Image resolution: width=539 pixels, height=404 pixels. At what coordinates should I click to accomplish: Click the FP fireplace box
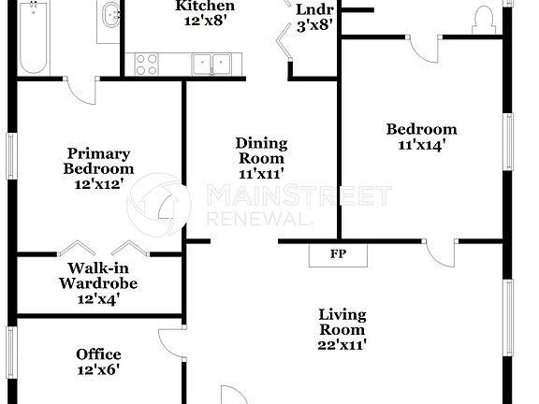pyautogui.click(x=338, y=254)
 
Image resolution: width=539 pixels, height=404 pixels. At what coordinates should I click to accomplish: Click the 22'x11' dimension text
pyautogui.click(x=342, y=344)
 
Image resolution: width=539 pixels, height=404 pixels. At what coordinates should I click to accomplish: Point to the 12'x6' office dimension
pyautogui.click(x=98, y=368)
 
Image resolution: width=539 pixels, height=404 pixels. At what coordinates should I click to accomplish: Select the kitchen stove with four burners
pyautogui.click(x=145, y=63)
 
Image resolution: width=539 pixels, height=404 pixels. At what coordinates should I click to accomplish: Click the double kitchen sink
pyautogui.click(x=212, y=64)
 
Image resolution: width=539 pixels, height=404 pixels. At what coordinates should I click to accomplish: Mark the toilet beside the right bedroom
pyautogui.click(x=484, y=16)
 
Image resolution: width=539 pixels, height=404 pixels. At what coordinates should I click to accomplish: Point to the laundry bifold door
pyautogui.click(x=284, y=37)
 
